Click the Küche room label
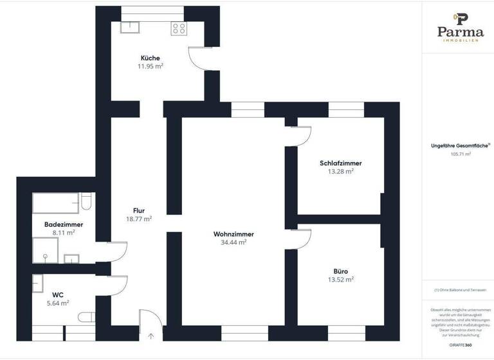click(x=150, y=58)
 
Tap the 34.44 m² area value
click(x=233, y=242)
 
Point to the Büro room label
click(x=340, y=271)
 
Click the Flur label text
click(x=138, y=210)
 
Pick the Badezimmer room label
click(x=64, y=224)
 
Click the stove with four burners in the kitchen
click(x=179, y=28)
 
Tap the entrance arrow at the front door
click(x=151, y=335)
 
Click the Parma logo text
click(x=460, y=32)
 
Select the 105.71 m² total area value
click(x=461, y=154)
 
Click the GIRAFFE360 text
click(x=460, y=345)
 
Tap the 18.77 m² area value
click(x=138, y=219)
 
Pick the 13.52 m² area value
click(x=340, y=279)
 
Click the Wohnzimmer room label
click(x=233, y=234)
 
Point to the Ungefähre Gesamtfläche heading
click(x=459, y=146)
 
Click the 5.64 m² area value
click(x=58, y=303)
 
